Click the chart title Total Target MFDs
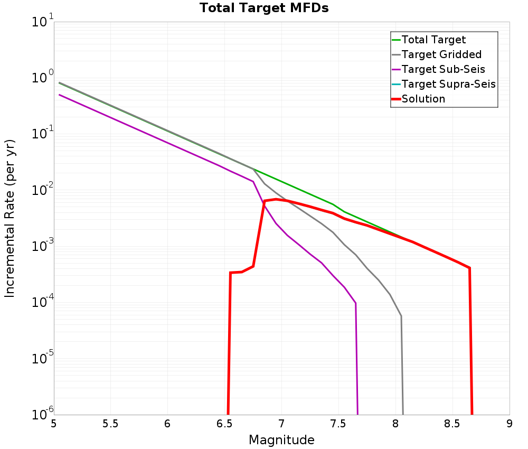(x=264, y=8)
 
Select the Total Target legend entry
(x=433, y=40)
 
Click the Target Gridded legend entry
(x=441, y=54)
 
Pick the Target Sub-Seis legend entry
(x=443, y=69)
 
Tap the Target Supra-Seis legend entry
(x=448, y=84)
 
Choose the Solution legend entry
(x=423, y=99)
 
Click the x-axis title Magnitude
(x=281, y=440)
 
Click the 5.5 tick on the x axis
(x=110, y=424)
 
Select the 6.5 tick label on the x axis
(x=224, y=424)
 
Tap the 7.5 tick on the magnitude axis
(x=338, y=424)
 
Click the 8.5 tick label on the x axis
(x=452, y=424)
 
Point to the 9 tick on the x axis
(x=510, y=424)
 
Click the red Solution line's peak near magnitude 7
(x=276, y=199)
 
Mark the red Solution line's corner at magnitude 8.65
(x=469, y=268)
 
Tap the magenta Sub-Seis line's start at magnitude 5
(x=60, y=95)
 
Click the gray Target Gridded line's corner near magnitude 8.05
(x=401, y=316)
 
